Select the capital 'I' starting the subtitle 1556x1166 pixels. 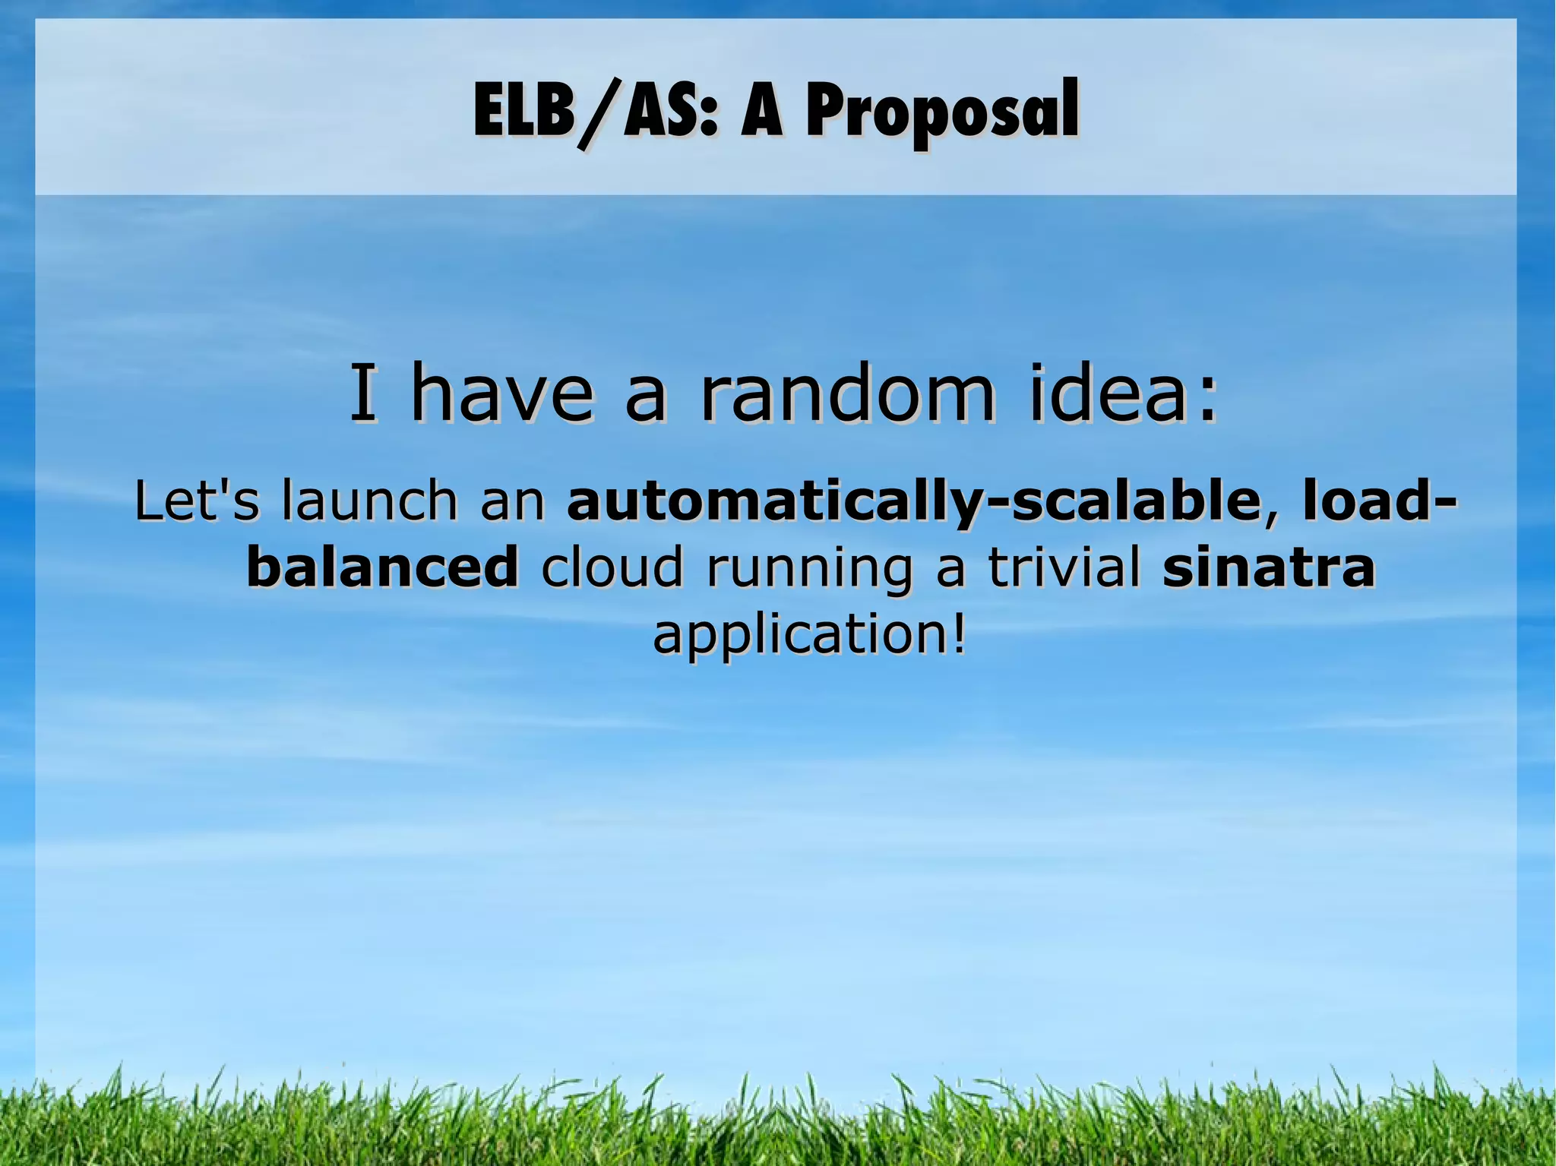click(x=363, y=394)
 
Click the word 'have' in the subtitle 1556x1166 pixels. click(x=501, y=394)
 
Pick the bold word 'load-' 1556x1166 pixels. click(x=1376, y=501)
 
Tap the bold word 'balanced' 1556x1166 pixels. click(x=382, y=567)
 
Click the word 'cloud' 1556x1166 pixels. click(x=612, y=567)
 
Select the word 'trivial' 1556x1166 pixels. click(x=1064, y=567)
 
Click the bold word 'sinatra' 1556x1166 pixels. click(x=1268, y=567)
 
